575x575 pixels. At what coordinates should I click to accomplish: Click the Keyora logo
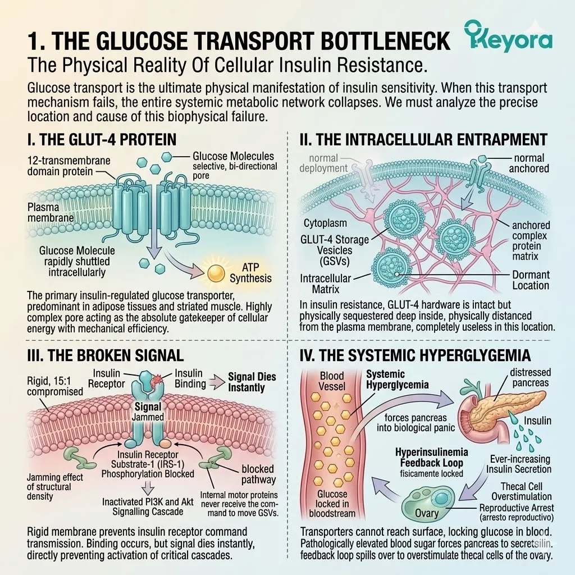tap(508, 36)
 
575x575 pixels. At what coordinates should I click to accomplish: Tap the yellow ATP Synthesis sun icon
tap(216, 273)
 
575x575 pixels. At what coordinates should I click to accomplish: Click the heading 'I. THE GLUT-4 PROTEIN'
tap(102, 140)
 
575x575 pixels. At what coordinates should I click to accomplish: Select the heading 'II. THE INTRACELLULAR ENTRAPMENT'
tap(423, 140)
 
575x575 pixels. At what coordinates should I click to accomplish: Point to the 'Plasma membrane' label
tap(50, 212)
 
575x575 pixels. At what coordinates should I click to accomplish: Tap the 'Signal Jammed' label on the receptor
tap(148, 412)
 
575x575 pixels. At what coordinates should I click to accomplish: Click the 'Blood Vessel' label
tap(332, 381)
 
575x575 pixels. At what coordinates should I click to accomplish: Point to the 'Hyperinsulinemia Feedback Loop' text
tap(432, 457)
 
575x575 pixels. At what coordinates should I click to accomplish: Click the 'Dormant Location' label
tap(531, 280)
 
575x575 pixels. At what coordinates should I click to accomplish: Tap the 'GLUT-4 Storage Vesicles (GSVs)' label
tap(335, 250)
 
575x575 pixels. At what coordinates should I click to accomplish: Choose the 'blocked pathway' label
tap(258, 474)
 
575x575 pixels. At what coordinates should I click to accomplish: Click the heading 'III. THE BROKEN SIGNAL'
tap(105, 355)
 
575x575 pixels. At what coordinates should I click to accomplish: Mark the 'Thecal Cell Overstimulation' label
tap(522, 491)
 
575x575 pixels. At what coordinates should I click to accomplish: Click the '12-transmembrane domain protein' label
tap(69, 166)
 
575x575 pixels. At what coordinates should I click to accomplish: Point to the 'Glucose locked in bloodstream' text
tap(332, 504)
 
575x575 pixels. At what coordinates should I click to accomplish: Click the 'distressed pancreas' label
tap(530, 377)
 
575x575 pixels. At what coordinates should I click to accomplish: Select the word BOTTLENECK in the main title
tap(385, 41)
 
